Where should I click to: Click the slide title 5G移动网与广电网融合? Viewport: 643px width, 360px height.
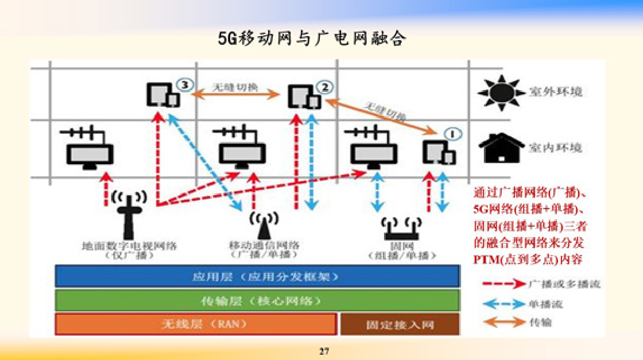(312, 38)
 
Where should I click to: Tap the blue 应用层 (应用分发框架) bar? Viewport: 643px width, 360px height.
(257, 276)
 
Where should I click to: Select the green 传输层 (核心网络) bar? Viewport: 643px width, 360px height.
(257, 300)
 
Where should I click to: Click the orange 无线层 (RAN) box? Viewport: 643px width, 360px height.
(195, 324)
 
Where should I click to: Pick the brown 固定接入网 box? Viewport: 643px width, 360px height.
(400, 324)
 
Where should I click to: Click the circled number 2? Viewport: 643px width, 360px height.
(324, 87)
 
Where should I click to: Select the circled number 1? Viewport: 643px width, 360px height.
(453, 134)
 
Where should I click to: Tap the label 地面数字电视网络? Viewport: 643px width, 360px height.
(130, 246)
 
